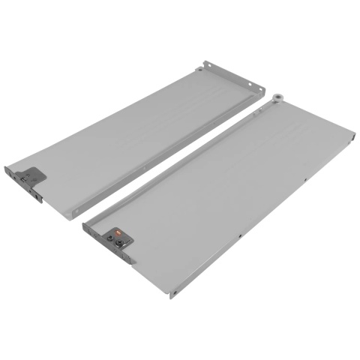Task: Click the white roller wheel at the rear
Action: point(277,96)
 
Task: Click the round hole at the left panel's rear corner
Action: point(198,70)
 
